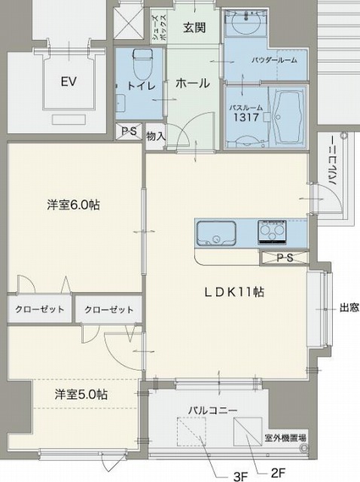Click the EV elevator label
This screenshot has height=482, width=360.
tap(69, 82)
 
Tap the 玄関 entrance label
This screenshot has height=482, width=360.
tap(194, 28)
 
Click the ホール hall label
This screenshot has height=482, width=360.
tap(193, 83)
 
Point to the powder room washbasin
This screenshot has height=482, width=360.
tap(246, 23)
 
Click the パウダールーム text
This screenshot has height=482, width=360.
tap(274, 60)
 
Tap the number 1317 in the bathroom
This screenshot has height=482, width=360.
tap(246, 117)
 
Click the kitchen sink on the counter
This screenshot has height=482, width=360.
tap(216, 233)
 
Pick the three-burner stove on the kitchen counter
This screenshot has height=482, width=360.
tap(273, 232)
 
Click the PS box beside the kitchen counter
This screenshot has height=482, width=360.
tap(284, 258)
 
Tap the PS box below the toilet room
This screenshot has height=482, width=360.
tap(129, 131)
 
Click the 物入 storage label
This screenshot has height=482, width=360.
tap(156, 136)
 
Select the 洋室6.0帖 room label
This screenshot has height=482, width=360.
tap(74, 205)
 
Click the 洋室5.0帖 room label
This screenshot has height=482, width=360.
tap(81, 394)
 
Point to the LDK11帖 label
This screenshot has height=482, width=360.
tap(234, 291)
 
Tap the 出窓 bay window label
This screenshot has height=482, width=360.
tap(349, 307)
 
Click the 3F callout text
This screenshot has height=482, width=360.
tap(240, 476)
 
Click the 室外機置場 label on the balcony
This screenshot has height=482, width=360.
tap(285, 438)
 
